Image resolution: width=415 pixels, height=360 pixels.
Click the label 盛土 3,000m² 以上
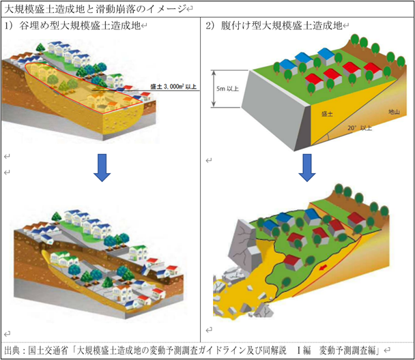tap(174, 87)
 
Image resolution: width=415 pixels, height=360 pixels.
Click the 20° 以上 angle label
tap(357, 128)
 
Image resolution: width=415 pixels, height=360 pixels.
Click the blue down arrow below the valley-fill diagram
tap(102, 168)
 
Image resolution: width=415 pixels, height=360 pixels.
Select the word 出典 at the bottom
tap(12, 350)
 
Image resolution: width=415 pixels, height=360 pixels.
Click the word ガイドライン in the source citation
tap(212, 350)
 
